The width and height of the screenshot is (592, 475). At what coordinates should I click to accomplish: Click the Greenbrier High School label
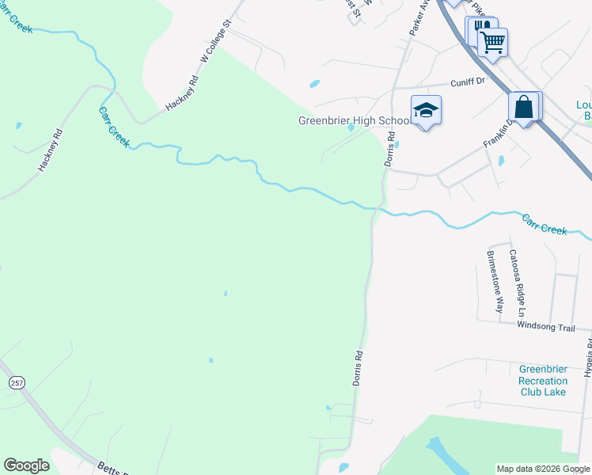(354, 121)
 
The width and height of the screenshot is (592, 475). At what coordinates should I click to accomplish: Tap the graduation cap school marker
(426, 111)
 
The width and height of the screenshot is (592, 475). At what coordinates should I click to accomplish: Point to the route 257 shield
(16, 382)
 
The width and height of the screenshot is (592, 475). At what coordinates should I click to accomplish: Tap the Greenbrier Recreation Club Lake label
(543, 380)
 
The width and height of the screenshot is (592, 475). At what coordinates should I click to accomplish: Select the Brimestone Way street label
(495, 282)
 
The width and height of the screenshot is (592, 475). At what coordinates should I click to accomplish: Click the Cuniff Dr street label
(467, 82)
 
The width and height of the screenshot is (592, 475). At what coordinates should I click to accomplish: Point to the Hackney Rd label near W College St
(181, 93)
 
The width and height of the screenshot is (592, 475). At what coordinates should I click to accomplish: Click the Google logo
(26, 465)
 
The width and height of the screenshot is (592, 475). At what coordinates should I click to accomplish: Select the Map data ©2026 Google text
(542, 469)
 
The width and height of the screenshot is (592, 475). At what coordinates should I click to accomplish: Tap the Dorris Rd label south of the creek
(358, 368)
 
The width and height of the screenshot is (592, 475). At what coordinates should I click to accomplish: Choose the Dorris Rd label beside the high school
(389, 148)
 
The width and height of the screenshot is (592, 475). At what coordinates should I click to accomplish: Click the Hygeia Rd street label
(587, 358)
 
